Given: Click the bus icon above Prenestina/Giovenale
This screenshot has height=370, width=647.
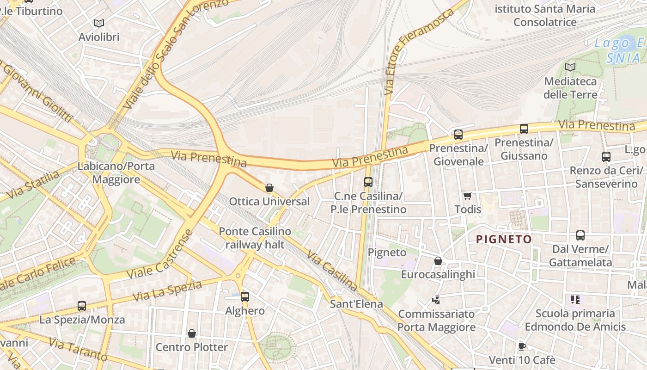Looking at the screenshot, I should point(458,135).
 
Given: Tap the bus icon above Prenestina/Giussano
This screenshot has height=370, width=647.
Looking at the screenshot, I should point(524,129).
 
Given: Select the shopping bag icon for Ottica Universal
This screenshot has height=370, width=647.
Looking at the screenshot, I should point(269,188).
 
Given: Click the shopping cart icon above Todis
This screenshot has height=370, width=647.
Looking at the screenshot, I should point(467,196).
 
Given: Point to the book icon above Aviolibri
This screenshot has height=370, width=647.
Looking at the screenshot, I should point(98,23).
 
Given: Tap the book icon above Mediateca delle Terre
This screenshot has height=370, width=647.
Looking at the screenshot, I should point(570,67).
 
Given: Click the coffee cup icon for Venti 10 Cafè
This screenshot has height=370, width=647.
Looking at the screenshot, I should point(522,346).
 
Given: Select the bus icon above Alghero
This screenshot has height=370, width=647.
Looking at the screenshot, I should point(244,296).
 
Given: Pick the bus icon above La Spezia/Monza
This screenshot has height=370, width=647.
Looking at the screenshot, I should point(82,306).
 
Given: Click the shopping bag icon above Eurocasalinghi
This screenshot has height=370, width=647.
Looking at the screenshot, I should point(438,261).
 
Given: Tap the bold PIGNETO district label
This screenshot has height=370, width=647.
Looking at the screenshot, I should point(504,239).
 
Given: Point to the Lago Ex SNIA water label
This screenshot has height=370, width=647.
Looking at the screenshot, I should point(619,50).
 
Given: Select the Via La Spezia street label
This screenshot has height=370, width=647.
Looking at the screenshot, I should point(167,290).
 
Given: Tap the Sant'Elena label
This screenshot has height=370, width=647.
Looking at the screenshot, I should point(356,304).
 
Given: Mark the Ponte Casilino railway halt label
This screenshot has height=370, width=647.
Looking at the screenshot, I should point(255,238).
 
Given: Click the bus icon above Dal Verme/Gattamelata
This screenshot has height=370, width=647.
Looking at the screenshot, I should point(580,235).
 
